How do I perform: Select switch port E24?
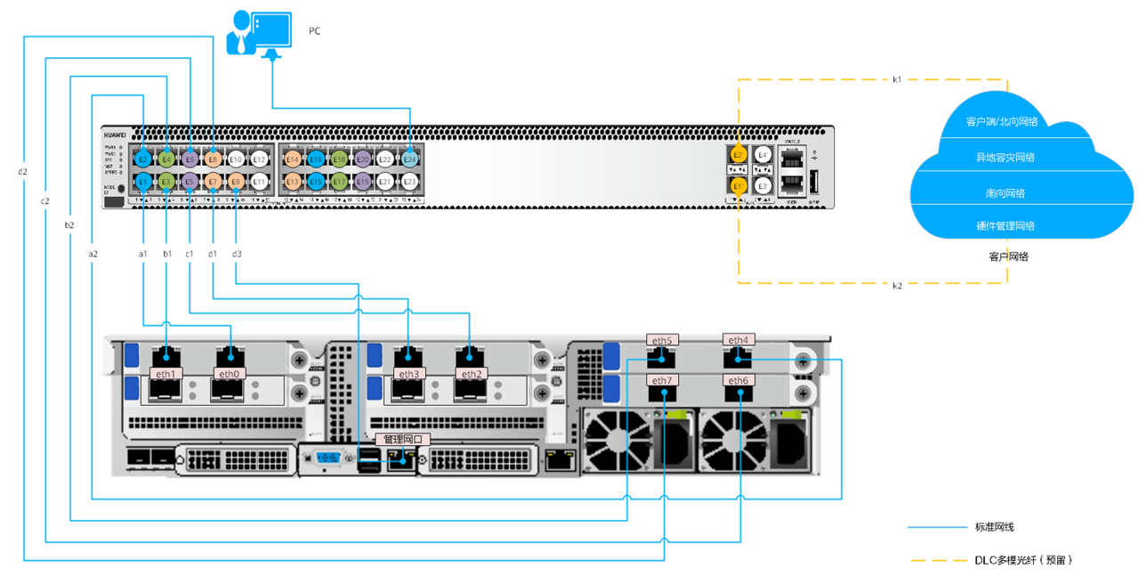point(409,158)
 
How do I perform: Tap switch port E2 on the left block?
point(142,158)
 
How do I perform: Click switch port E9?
point(236,182)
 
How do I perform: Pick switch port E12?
point(259,158)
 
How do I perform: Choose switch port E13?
point(293,182)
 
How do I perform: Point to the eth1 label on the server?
point(166,374)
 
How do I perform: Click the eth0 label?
point(230,374)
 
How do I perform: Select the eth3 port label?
point(408,374)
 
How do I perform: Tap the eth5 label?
point(661,340)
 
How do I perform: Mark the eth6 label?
point(739,380)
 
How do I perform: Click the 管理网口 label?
point(403,439)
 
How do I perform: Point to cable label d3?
point(236,255)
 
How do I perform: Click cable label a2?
point(93,255)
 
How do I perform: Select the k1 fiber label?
point(897,79)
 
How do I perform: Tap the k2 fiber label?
point(897,285)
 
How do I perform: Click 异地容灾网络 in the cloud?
point(1006,158)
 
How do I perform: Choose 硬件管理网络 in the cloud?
point(1006,226)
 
